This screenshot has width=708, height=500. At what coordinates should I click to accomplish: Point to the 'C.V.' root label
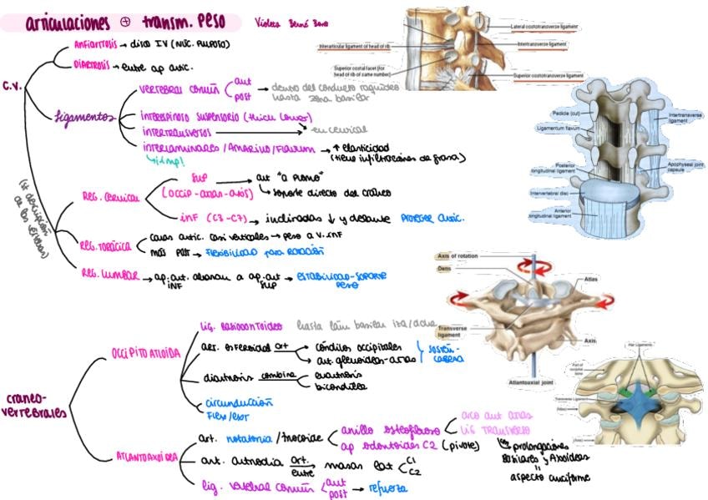click(x=13, y=86)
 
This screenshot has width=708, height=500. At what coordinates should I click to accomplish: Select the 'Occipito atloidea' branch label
click(x=145, y=353)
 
